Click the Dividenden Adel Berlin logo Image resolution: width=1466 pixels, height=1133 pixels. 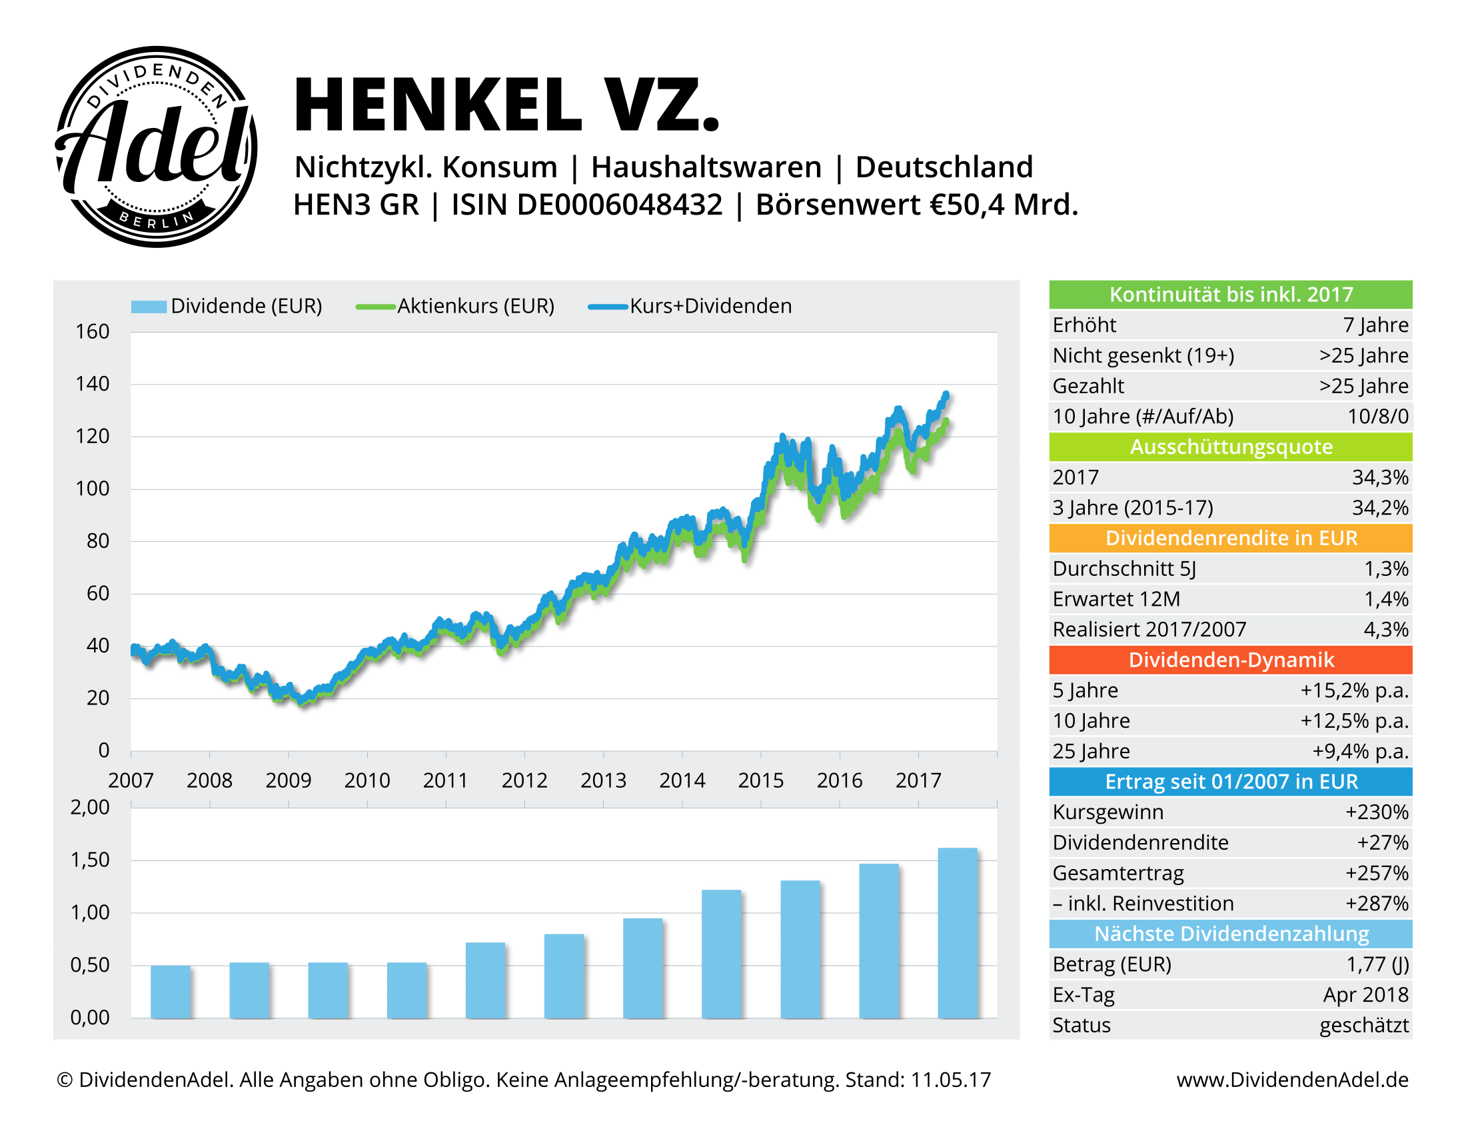(156, 147)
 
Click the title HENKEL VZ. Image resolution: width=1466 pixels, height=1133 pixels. (506, 105)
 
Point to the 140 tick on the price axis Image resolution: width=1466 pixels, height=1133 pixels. (92, 384)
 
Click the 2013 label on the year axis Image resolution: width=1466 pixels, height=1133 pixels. (603, 780)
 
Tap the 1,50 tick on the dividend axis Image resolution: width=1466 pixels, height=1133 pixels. (90, 860)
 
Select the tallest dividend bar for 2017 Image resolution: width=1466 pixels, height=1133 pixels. (957, 933)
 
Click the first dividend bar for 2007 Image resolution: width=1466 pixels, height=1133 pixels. (171, 992)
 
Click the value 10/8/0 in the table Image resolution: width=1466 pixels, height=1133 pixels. (1377, 416)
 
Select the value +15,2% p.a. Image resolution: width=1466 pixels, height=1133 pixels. (1354, 690)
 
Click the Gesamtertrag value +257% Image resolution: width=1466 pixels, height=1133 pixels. (1376, 872)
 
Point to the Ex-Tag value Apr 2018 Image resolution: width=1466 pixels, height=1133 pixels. (1365, 994)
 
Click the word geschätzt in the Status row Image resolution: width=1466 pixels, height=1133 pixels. (1363, 1025)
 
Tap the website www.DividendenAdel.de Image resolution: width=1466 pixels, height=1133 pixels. (1292, 1079)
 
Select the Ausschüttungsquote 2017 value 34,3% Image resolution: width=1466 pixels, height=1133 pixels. (1379, 477)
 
